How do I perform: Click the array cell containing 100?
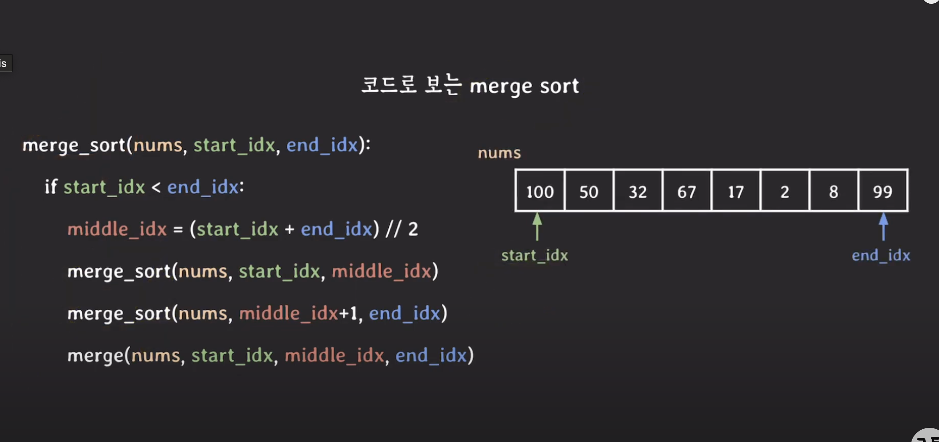[540, 191]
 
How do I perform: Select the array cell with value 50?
[589, 191]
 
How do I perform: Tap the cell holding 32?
[638, 191]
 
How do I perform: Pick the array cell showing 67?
[687, 191]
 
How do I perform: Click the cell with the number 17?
[736, 191]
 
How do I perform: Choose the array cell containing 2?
[785, 191]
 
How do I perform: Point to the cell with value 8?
[834, 191]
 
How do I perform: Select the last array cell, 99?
[883, 191]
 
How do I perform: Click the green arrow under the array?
[537, 226]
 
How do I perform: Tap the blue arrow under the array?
[883, 226]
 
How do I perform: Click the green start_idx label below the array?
[535, 255]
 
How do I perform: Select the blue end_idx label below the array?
[880, 255]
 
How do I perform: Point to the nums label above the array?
[499, 153]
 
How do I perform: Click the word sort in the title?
[559, 86]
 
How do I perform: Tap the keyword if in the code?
[50, 187]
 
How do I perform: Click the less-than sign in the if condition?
[156, 187]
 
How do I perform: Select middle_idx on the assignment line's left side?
[117, 229]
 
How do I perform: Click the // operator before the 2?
[394, 229]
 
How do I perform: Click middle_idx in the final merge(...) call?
[334, 356]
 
